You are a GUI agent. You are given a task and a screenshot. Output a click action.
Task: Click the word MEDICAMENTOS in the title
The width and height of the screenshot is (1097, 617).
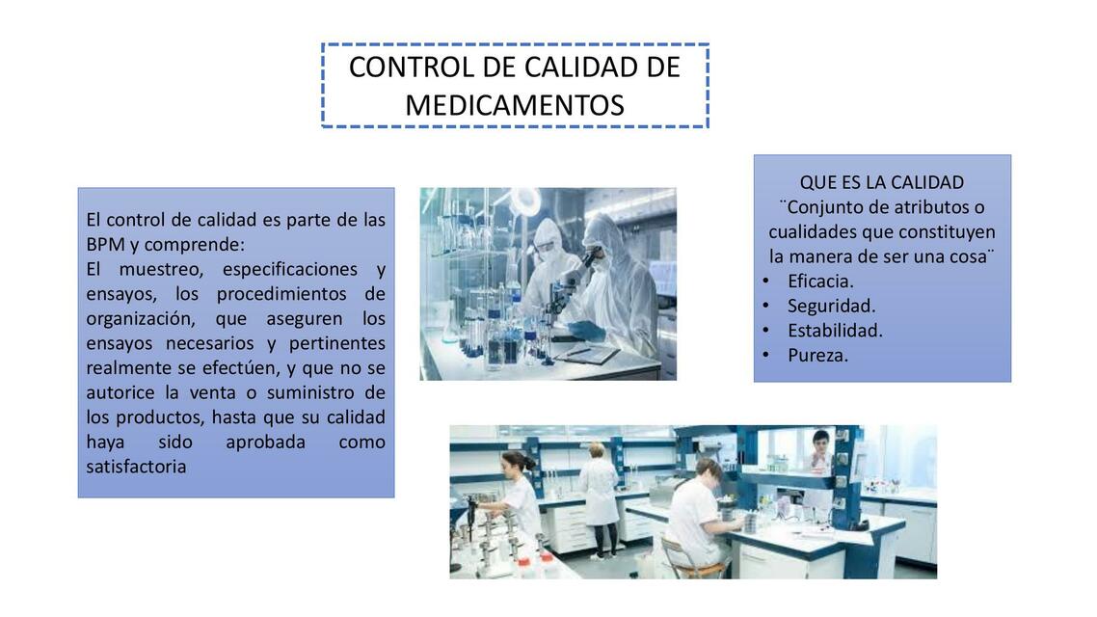coord(514,105)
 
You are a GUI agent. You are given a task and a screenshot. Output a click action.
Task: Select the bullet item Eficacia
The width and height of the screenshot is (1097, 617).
coord(820,281)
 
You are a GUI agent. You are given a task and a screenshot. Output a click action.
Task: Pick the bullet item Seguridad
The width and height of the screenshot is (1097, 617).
coord(831,306)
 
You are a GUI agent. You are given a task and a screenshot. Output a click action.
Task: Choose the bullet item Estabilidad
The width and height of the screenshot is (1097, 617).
coord(835,330)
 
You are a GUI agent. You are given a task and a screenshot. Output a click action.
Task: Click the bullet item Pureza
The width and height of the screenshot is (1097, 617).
coord(817,355)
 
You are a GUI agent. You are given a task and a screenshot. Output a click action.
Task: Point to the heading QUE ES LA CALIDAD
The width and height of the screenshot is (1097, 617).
coord(881,182)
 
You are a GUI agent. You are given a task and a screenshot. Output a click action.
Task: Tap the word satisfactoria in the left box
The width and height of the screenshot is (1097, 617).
coord(136,467)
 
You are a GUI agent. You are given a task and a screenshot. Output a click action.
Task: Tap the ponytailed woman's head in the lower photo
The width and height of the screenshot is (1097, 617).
coord(517,462)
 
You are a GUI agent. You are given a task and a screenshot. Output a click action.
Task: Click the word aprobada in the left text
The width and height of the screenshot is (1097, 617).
coord(265,442)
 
